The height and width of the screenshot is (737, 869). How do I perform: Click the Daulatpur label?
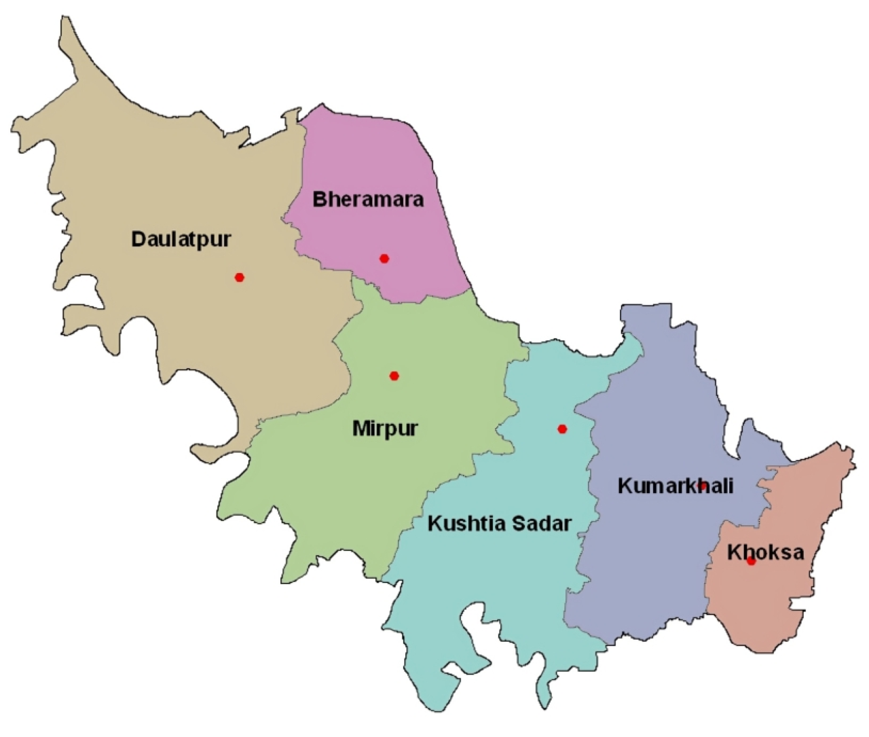pyautogui.click(x=181, y=239)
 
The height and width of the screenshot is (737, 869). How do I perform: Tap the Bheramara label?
pyautogui.click(x=368, y=199)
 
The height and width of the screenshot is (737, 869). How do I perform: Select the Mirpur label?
pyautogui.click(x=385, y=429)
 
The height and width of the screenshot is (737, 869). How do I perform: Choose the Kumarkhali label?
pyautogui.click(x=675, y=486)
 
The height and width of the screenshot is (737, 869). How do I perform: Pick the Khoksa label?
pyautogui.click(x=765, y=552)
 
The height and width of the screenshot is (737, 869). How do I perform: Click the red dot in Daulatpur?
pyautogui.click(x=240, y=277)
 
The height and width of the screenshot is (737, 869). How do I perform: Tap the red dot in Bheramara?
pyautogui.click(x=384, y=258)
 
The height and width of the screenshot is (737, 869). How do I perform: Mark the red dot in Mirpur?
pyautogui.click(x=394, y=376)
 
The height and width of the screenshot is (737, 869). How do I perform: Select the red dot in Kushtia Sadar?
pyautogui.click(x=562, y=429)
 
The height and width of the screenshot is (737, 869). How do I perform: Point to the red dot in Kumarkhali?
pyautogui.click(x=703, y=485)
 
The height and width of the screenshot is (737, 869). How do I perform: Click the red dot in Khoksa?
pyautogui.click(x=751, y=562)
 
